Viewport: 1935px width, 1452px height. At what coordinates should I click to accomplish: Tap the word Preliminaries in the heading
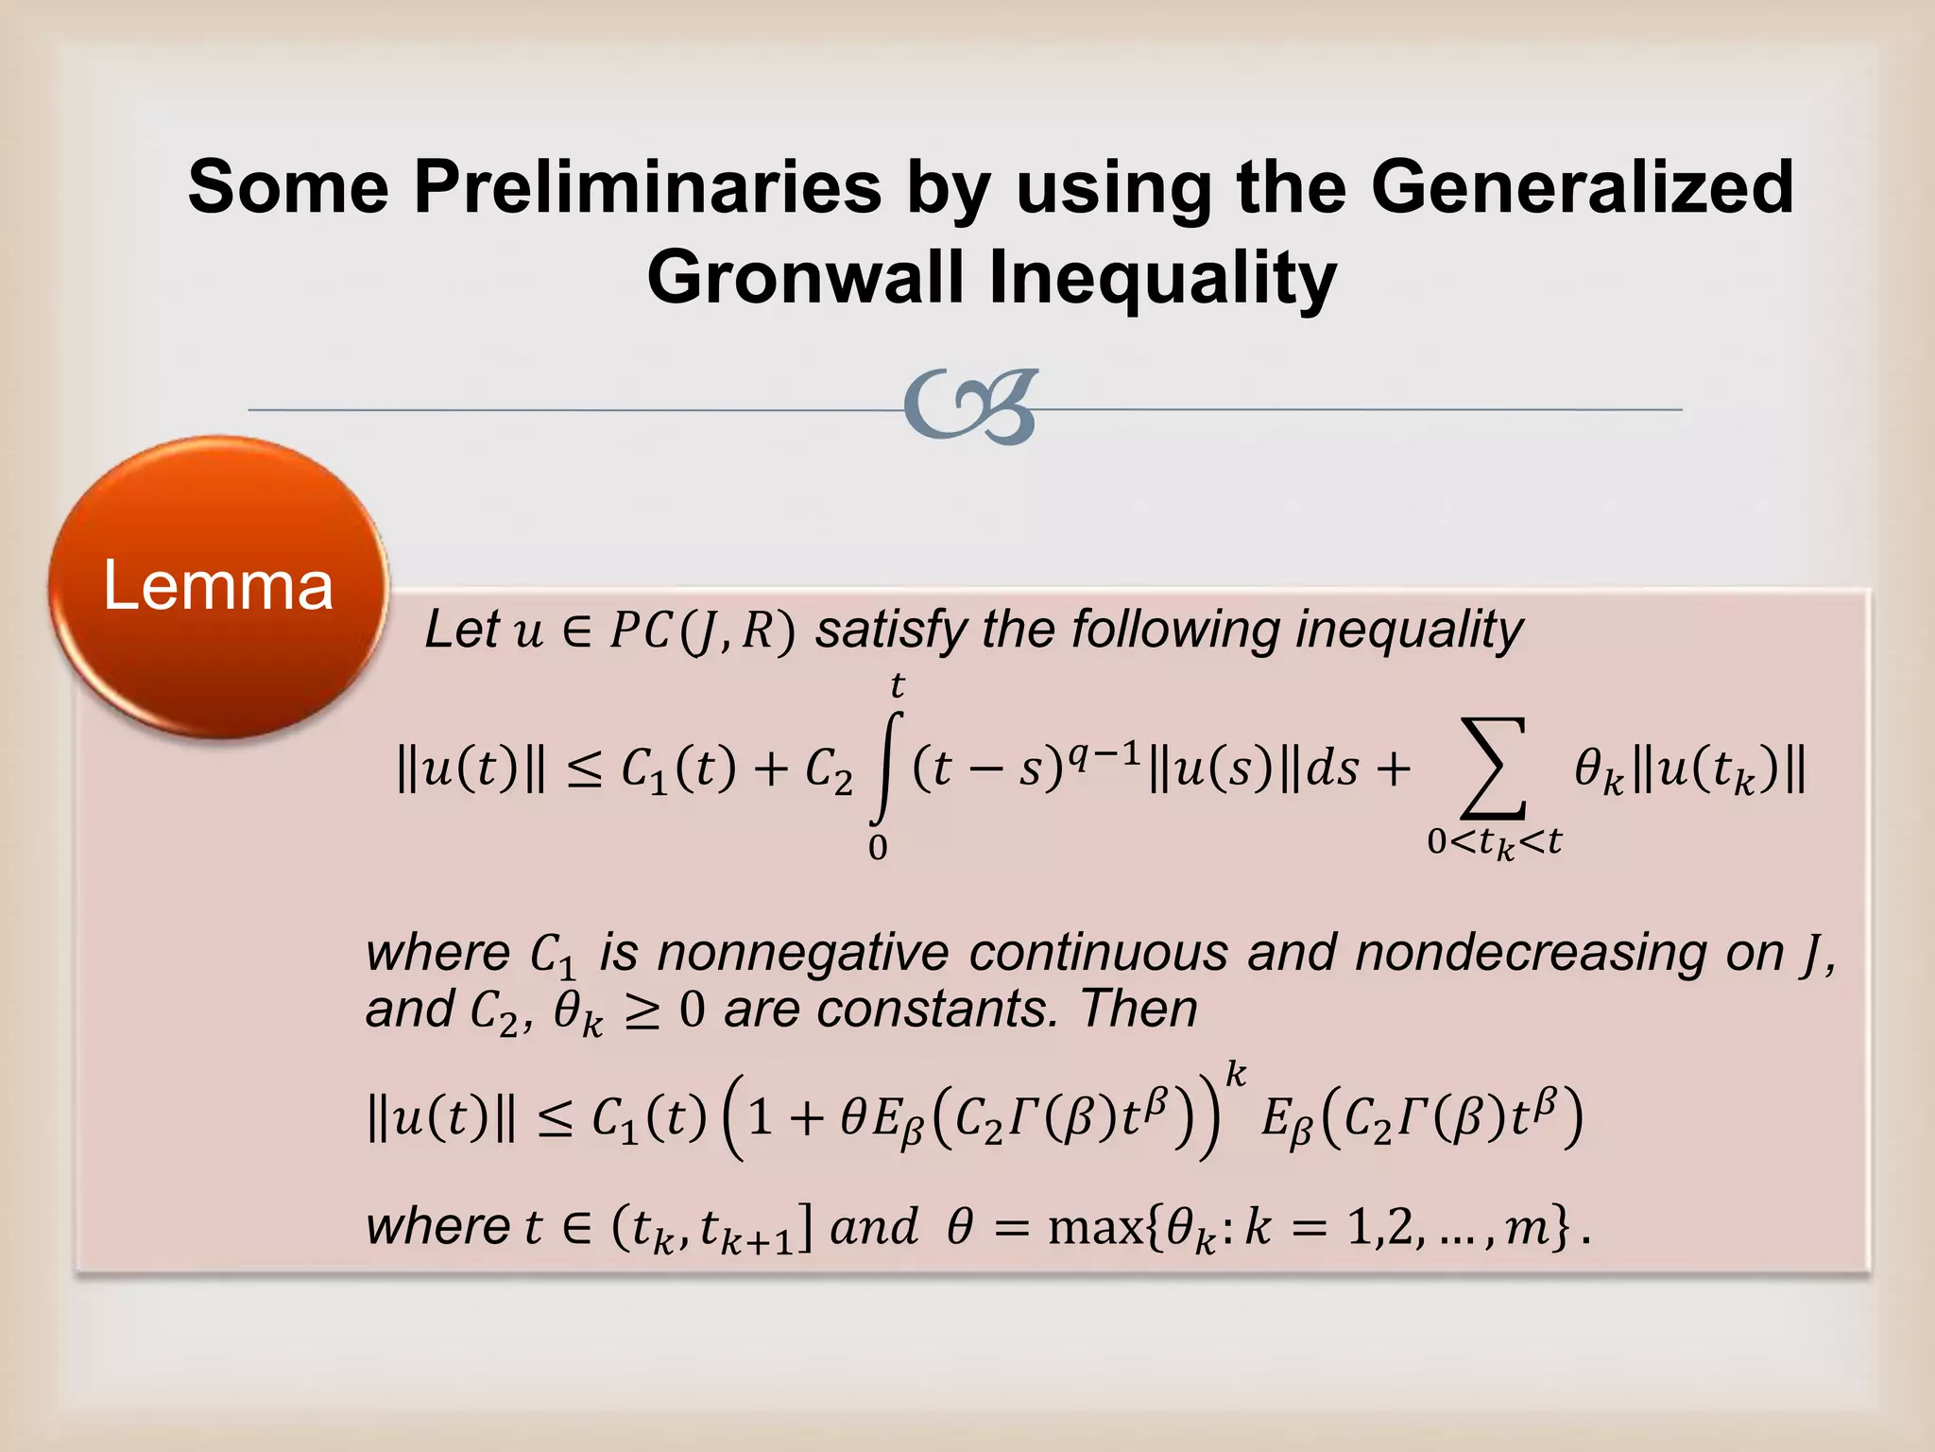pyautogui.click(x=647, y=186)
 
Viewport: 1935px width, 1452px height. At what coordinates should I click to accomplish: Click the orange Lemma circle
pyautogui.click(x=218, y=586)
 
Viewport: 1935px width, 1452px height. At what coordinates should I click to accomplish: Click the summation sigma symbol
pyautogui.click(x=1494, y=768)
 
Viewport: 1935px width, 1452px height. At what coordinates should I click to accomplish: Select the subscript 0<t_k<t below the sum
pyautogui.click(x=1494, y=841)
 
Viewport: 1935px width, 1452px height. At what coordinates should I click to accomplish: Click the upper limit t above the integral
pyautogui.click(x=897, y=684)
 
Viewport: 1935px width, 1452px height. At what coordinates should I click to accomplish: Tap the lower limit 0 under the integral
pyautogui.click(x=878, y=848)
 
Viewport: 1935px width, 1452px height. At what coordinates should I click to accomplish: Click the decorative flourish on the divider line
pyautogui.click(x=971, y=406)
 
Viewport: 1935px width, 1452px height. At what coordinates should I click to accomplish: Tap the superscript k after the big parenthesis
pyautogui.click(x=1235, y=1075)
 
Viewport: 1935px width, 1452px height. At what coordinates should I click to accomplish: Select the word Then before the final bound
pyautogui.click(x=1139, y=1009)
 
